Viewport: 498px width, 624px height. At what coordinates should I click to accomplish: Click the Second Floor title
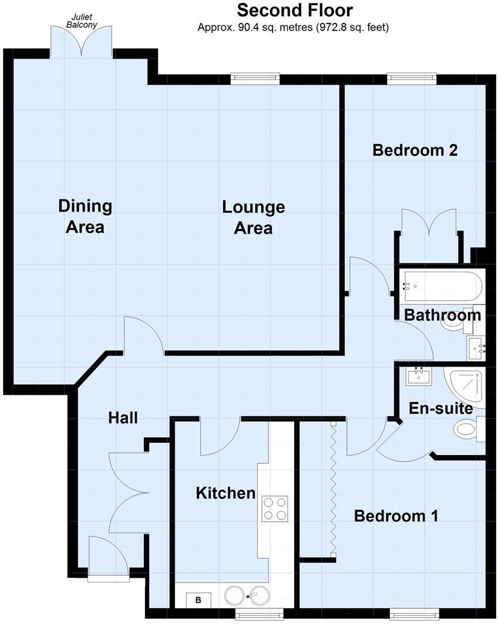click(x=294, y=10)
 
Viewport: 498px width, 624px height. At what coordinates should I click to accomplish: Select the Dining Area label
click(x=85, y=216)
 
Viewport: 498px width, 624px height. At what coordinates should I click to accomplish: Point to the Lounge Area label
click(x=253, y=217)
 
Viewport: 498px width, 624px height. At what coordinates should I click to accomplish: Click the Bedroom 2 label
click(x=415, y=150)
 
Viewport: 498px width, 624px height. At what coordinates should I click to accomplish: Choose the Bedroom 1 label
click(x=396, y=516)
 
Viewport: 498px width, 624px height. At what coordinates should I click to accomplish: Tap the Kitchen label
click(x=226, y=493)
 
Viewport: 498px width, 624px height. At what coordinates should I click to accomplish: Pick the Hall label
click(x=123, y=418)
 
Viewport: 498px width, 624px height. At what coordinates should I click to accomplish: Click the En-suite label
click(x=440, y=408)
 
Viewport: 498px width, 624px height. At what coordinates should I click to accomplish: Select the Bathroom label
click(x=442, y=315)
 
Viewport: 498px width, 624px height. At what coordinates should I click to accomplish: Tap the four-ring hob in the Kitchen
click(x=274, y=508)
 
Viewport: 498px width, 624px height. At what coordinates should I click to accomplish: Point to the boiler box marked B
click(x=198, y=600)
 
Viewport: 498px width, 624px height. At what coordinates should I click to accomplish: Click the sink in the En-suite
click(x=419, y=375)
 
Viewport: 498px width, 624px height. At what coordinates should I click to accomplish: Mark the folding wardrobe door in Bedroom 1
click(x=333, y=488)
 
